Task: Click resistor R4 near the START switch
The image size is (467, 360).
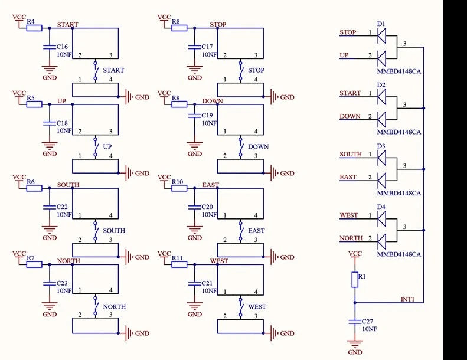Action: (x=34, y=27)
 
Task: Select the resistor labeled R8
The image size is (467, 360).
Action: (x=179, y=27)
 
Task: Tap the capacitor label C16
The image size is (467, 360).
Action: (x=63, y=46)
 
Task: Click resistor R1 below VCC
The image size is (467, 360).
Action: (x=355, y=279)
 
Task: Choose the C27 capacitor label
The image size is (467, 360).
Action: (x=368, y=322)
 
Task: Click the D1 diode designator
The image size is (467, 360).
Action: (x=381, y=24)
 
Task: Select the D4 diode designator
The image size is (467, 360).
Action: (x=381, y=207)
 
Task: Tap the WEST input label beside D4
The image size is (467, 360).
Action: (x=348, y=215)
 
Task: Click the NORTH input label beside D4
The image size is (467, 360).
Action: (x=350, y=238)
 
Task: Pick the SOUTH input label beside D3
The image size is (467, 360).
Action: (x=351, y=154)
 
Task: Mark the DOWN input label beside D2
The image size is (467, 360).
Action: (x=350, y=116)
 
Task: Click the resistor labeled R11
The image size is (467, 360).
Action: (x=179, y=264)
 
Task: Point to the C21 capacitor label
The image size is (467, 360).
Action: (x=207, y=283)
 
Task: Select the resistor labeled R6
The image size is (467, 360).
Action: (x=34, y=188)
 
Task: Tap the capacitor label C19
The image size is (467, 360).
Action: (x=207, y=115)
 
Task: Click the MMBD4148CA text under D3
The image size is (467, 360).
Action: (x=399, y=193)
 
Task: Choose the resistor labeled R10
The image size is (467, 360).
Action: (x=179, y=188)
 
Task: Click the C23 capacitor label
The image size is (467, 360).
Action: (x=63, y=283)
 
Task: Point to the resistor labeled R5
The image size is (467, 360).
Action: (x=34, y=104)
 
